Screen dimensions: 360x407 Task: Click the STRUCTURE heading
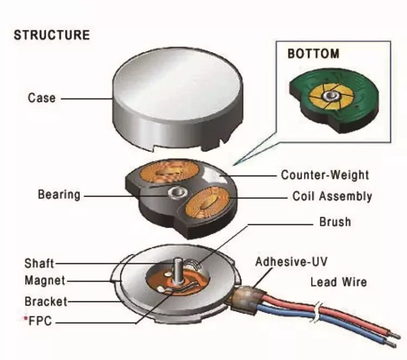52,36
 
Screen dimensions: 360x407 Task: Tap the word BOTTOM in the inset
313,54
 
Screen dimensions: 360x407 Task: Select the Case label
41,98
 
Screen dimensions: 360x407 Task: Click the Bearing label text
59,194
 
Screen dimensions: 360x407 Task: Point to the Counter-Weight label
325,175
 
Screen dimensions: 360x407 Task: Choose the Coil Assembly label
332,196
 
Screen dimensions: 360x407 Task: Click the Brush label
335,222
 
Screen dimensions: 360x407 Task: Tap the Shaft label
39,263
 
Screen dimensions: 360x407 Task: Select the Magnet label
44,281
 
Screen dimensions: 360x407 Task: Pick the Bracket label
46,301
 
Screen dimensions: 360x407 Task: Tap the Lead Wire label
338,282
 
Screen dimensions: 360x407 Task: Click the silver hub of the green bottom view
329,97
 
